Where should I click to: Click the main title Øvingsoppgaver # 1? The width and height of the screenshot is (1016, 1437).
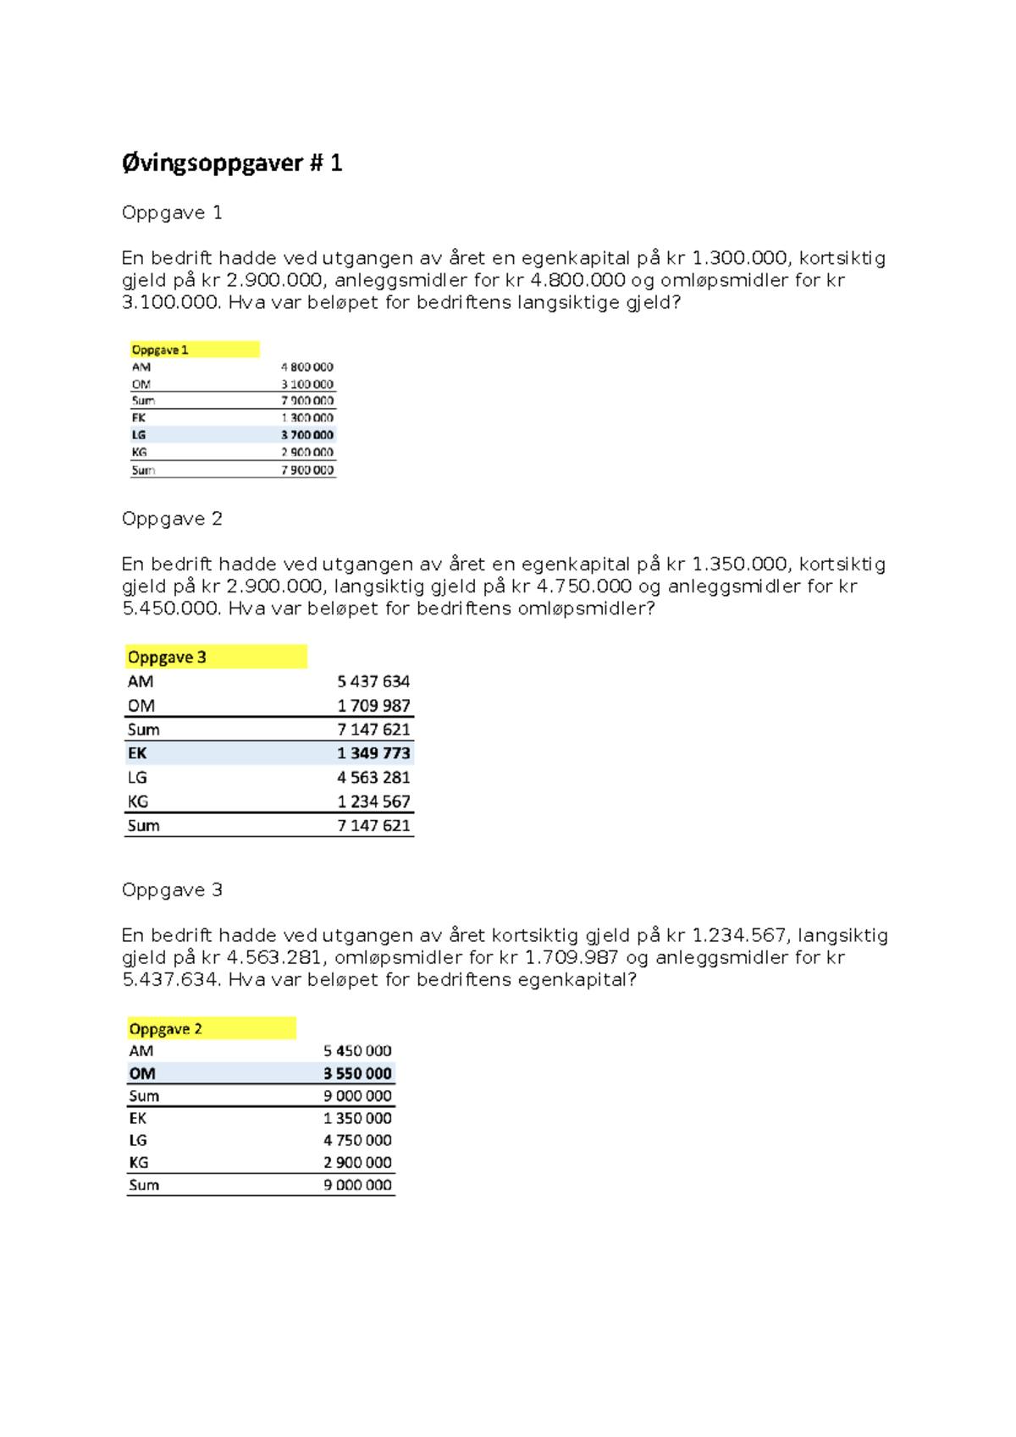coord(231,162)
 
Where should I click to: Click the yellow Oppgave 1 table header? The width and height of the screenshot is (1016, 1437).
coord(161,350)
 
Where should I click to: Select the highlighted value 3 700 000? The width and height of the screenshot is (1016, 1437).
coord(307,435)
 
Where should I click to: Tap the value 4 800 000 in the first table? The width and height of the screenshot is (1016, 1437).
coord(307,367)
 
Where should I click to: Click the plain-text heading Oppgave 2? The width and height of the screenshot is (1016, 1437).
coord(172,519)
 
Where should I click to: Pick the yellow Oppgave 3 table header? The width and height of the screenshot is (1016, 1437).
coord(168,658)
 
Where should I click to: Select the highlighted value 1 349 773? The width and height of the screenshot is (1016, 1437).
coord(373,753)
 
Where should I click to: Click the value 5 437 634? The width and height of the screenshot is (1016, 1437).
coord(373,681)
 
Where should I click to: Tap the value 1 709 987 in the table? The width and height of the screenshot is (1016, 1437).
coord(373,706)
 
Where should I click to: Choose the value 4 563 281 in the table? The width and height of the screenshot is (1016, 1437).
coord(373,778)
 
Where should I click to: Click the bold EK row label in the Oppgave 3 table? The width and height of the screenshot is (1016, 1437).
coord(137,753)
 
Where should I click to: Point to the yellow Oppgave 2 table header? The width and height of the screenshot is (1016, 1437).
coord(166,1029)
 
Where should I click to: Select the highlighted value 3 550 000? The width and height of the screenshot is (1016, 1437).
coord(357,1074)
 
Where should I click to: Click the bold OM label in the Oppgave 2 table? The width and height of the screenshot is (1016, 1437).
coord(142,1074)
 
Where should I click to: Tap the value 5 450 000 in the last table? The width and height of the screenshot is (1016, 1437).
coord(357,1051)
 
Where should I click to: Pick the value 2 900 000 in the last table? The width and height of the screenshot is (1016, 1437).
coord(357,1163)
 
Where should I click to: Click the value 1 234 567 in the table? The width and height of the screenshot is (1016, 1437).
coord(373,801)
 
